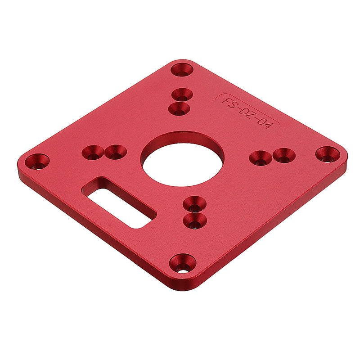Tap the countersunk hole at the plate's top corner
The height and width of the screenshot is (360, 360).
[x=182, y=70]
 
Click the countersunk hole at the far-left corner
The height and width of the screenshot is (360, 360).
[x=37, y=162]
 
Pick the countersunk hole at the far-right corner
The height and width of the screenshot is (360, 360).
[x=328, y=154]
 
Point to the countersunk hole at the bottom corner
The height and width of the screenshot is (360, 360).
[x=183, y=263]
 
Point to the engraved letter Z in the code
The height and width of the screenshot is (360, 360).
[x=255, y=117]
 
